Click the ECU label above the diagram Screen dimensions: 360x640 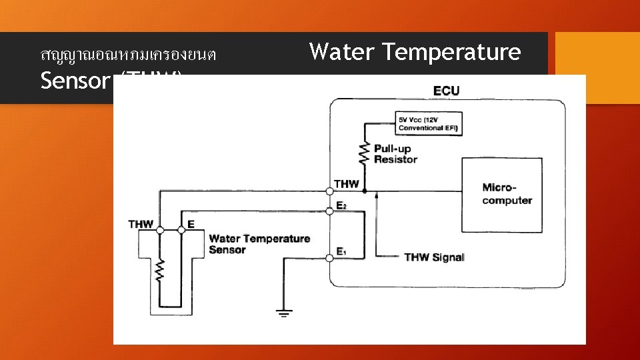click(x=446, y=91)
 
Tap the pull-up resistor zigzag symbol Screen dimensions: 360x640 click(x=365, y=153)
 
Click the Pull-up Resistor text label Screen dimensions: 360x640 click(x=395, y=154)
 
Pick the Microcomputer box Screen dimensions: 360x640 click(x=502, y=195)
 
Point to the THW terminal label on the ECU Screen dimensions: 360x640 click(x=346, y=184)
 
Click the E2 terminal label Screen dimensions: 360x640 click(x=341, y=206)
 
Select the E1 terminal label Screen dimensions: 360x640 click(x=341, y=251)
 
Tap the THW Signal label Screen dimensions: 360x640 click(x=434, y=257)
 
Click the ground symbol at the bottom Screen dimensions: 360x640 click(x=285, y=312)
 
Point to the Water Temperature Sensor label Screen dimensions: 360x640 click(x=259, y=244)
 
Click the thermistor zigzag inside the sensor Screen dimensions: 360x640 click(x=160, y=270)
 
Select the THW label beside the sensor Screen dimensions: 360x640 click(x=141, y=225)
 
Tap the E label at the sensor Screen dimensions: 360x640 click(x=191, y=225)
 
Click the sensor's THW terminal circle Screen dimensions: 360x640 click(x=160, y=230)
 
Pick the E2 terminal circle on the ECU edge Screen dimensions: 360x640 click(x=330, y=211)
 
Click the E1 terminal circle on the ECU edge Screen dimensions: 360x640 click(x=330, y=257)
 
